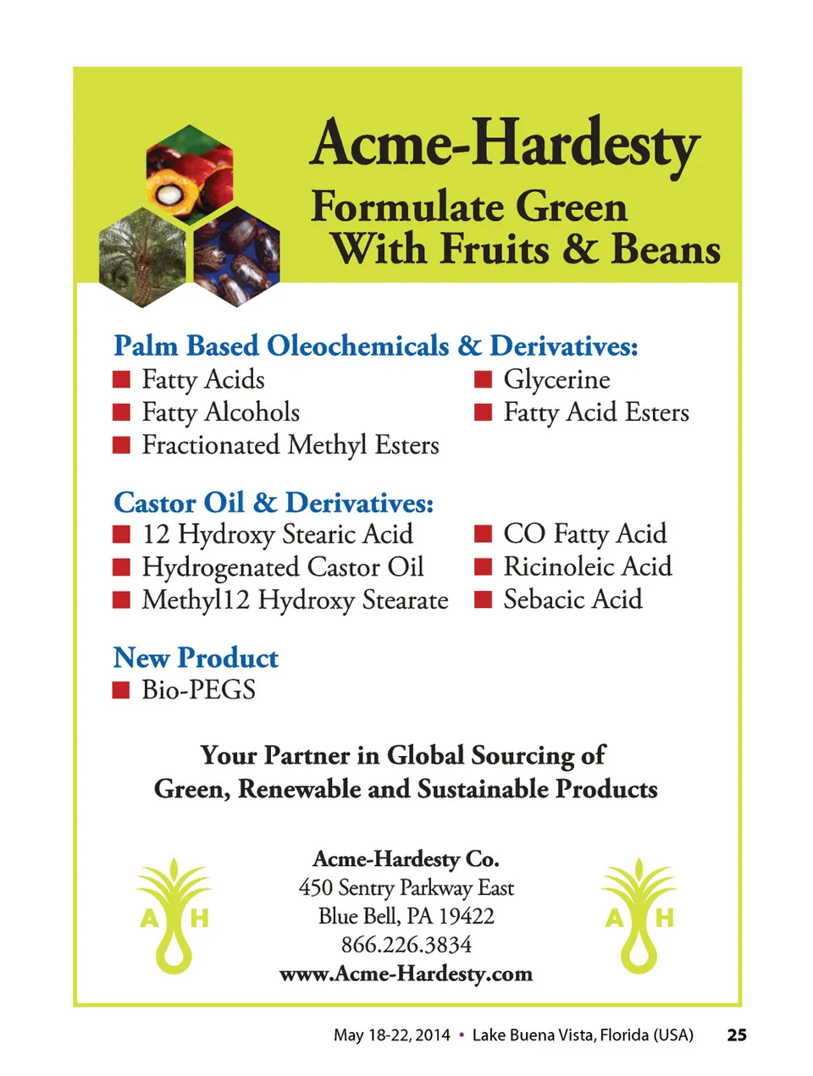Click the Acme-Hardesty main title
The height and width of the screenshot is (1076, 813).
(505, 144)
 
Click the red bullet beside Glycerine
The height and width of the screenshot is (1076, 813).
(483, 379)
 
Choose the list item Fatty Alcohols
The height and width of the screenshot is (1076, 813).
(220, 412)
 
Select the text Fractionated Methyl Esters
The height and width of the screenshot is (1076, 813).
(290, 445)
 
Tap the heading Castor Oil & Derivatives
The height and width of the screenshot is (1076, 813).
(274, 503)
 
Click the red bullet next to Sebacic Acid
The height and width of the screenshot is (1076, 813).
(483, 600)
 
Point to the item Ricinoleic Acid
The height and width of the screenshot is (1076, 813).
(587, 566)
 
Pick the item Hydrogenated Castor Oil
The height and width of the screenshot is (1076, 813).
(282, 567)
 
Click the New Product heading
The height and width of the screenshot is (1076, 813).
(196, 658)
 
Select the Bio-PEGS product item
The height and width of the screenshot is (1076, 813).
(198, 690)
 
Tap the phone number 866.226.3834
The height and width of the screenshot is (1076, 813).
(406, 945)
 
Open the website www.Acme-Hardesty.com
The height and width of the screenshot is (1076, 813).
(406, 974)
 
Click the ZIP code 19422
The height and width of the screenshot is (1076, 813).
(467, 916)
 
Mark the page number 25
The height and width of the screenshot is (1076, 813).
(737, 1035)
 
